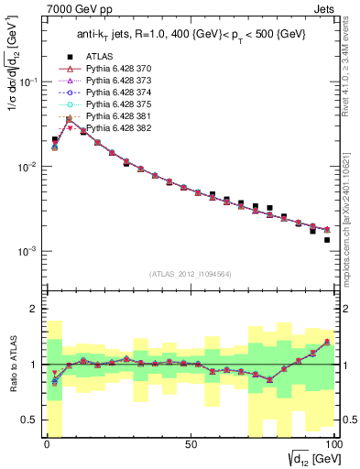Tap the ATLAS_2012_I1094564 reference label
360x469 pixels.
click(190, 273)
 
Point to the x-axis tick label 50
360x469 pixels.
click(190, 444)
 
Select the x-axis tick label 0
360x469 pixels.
click(47, 444)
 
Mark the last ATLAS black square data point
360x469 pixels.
click(327, 240)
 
